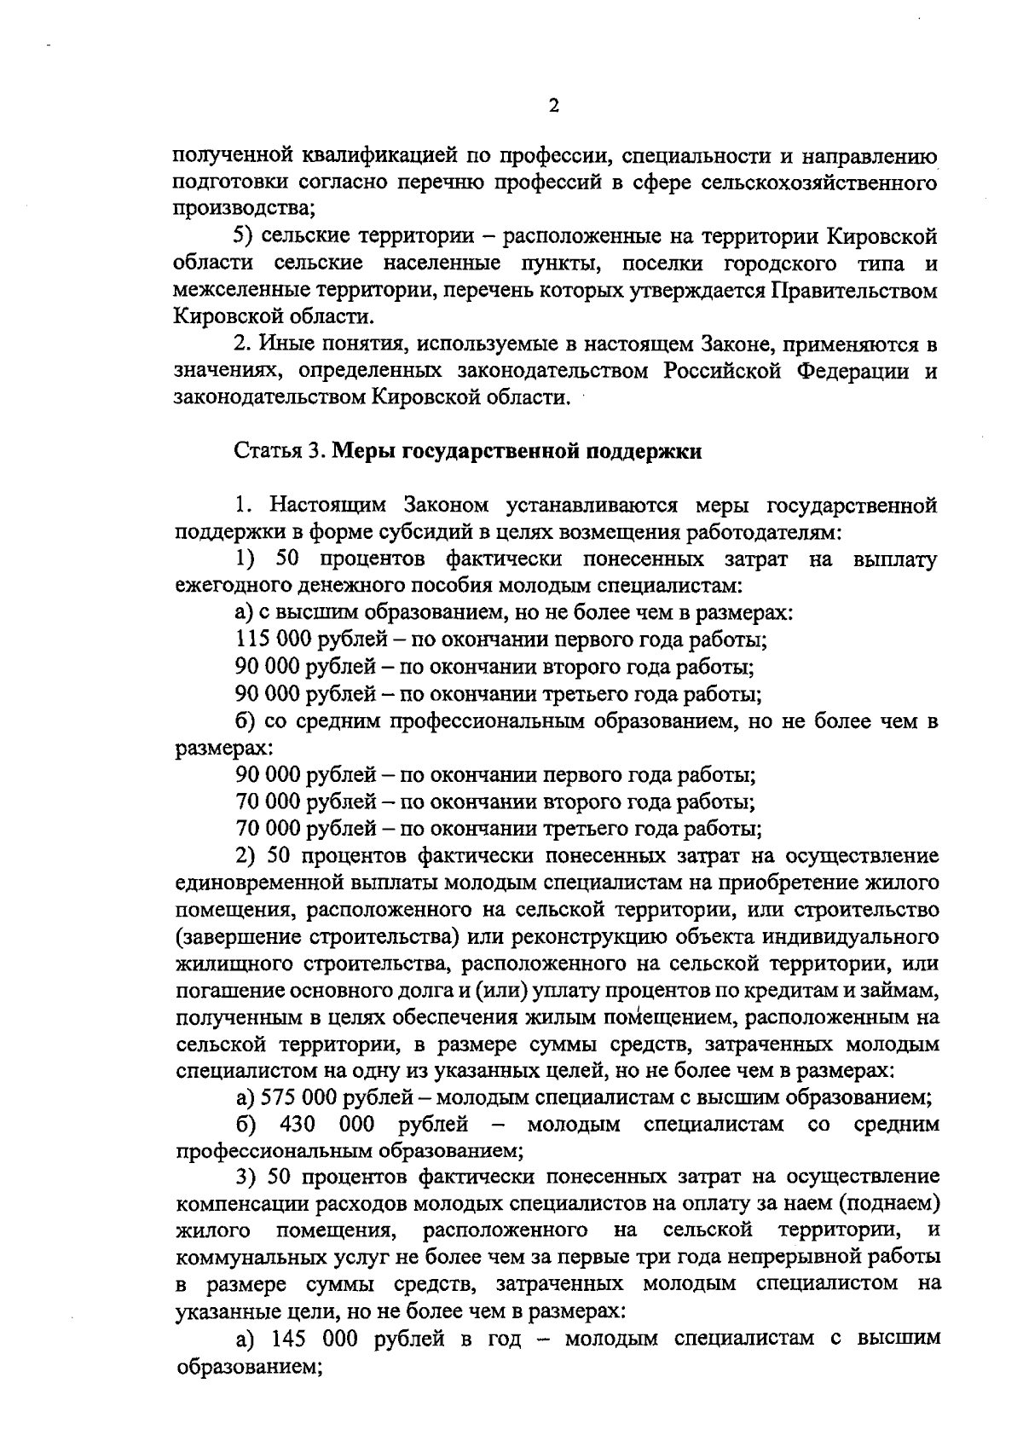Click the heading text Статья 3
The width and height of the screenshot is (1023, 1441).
coord(280,452)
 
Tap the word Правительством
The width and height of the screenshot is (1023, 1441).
coord(854,291)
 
